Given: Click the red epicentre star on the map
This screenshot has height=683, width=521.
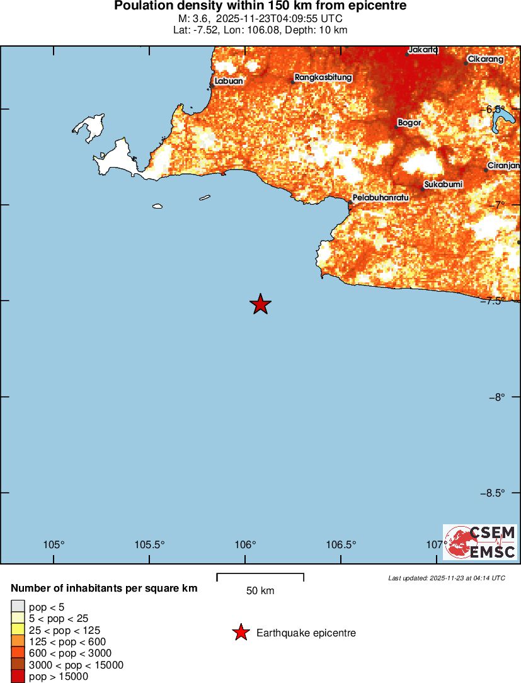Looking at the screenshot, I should (260, 304).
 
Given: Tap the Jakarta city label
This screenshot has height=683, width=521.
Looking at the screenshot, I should (423, 49).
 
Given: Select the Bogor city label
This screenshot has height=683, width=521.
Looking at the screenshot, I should (409, 122).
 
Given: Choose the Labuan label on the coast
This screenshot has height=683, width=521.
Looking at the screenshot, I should (229, 81).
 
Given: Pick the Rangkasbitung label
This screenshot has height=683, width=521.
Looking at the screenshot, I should (323, 77).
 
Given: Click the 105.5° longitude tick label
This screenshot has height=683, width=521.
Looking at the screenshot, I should (150, 545).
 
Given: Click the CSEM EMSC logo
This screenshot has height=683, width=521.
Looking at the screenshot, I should (480, 542).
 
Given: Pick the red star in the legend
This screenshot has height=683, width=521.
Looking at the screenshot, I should (240, 633).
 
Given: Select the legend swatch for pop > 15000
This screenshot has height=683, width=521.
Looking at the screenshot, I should (18, 677).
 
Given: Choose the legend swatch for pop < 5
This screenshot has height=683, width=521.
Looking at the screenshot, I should (18, 607).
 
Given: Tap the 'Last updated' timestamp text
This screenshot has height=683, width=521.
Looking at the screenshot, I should (446, 578).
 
